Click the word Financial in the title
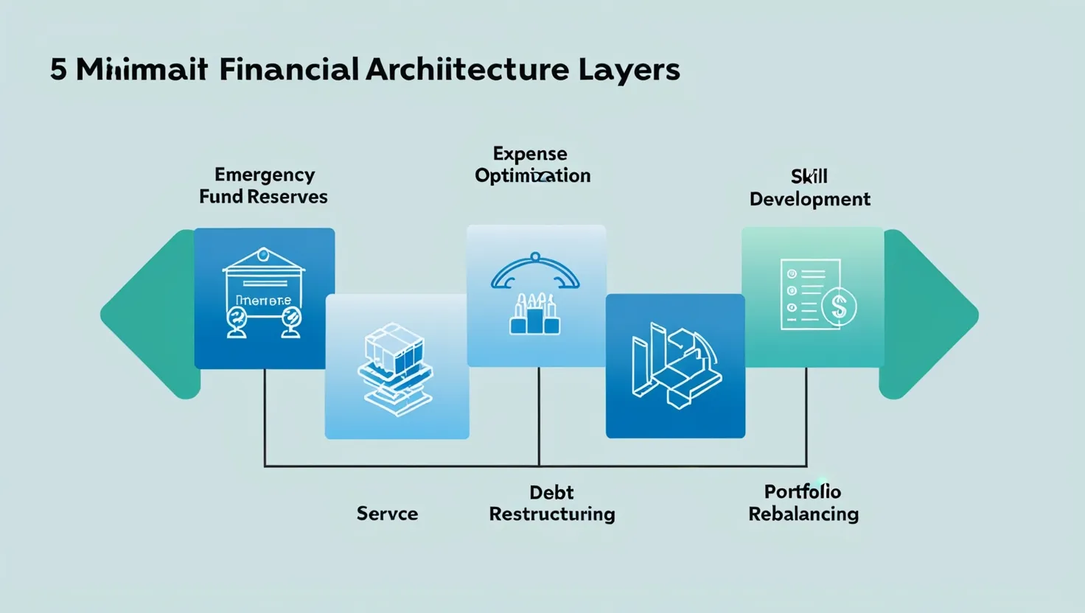pyautogui.click(x=288, y=69)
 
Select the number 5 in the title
pyautogui.click(x=58, y=70)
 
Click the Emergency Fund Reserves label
pyautogui.click(x=263, y=186)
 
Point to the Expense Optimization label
pyautogui.click(x=532, y=164)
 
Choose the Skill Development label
pyautogui.click(x=809, y=188)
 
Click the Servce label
pyautogui.click(x=387, y=514)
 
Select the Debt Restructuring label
pyautogui.click(x=551, y=503)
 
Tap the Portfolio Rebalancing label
pyautogui.click(x=803, y=502)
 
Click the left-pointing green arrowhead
pyautogui.click(x=151, y=315)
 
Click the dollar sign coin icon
pyautogui.click(x=839, y=306)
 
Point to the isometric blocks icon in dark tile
pyautogui.click(x=675, y=365)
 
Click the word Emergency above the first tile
pyautogui.click(x=265, y=175)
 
